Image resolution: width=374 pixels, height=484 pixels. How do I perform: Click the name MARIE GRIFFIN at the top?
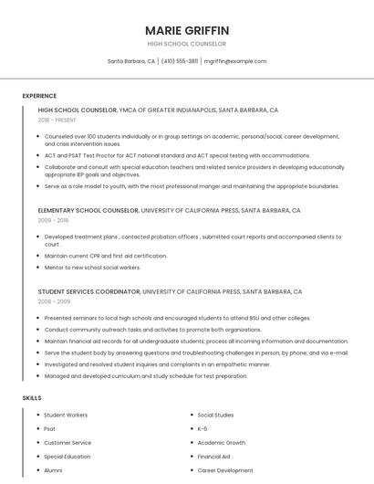(x=187, y=30)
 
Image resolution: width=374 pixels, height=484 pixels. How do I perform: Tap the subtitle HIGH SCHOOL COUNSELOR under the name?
(x=187, y=44)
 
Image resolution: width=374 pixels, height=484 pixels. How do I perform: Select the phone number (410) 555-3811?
(x=180, y=61)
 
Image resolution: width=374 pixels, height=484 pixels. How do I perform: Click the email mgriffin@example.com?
(x=235, y=61)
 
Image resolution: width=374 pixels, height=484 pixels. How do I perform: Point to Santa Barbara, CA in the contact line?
(x=131, y=61)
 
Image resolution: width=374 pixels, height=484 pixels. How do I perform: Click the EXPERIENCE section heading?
(x=39, y=96)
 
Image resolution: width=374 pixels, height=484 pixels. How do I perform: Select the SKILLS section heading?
(x=32, y=398)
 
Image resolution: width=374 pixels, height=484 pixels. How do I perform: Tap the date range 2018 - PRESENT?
(x=57, y=120)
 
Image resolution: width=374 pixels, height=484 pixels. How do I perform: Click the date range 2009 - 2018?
(x=53, y=220)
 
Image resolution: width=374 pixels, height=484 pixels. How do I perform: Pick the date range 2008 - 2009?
(x=54, y=300)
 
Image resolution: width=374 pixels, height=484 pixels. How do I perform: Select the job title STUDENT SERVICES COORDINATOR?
(x=89, y=290)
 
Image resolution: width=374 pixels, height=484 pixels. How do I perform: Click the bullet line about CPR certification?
(x=106, y=256)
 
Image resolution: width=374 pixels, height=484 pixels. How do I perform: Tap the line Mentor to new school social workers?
(x=93, y=268)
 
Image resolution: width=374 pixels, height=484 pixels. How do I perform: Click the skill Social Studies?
(x=215, y=415)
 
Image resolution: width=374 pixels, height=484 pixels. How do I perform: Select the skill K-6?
(x=203, y=428)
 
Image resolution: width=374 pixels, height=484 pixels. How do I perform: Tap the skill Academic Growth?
(x=221, y=442)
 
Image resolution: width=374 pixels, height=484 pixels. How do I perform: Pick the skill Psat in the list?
(x=50, y=428)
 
